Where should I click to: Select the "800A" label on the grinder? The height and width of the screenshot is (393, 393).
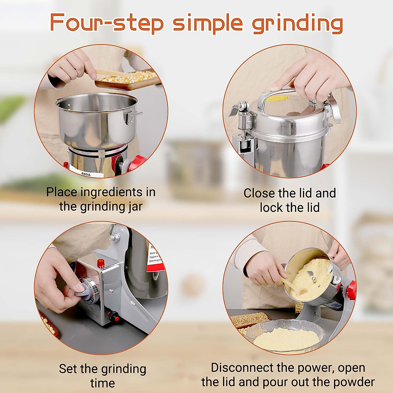click(86, 174)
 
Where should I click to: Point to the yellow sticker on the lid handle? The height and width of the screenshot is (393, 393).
click(277, 98)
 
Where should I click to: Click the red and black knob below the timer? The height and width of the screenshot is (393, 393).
click(114, 316)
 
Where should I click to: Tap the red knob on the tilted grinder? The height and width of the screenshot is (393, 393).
click(351, 288)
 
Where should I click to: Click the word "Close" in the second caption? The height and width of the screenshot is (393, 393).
click(259, 193)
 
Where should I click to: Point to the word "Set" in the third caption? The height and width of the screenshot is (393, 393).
click(68, 369)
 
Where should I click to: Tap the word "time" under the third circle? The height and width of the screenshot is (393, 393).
click(103, 383)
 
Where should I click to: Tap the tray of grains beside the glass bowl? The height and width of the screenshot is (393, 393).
click(251, 319)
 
